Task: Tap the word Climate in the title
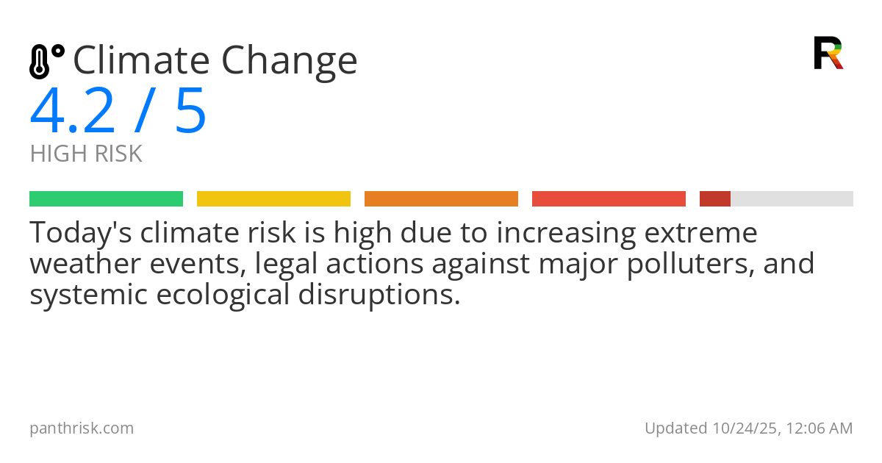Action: (140, 61)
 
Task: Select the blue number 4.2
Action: (73, 112)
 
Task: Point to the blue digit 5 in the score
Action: (191, 112)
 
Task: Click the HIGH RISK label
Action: (86, 154)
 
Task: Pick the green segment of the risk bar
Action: (106, 199)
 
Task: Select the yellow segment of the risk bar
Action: (273, 199)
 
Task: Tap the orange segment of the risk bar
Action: (441, 199)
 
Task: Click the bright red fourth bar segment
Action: (609, 199)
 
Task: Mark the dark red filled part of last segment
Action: (714, 199)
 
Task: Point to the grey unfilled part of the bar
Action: (792, 199)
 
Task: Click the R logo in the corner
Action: (828, 53)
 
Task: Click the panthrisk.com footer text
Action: (82, 428)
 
